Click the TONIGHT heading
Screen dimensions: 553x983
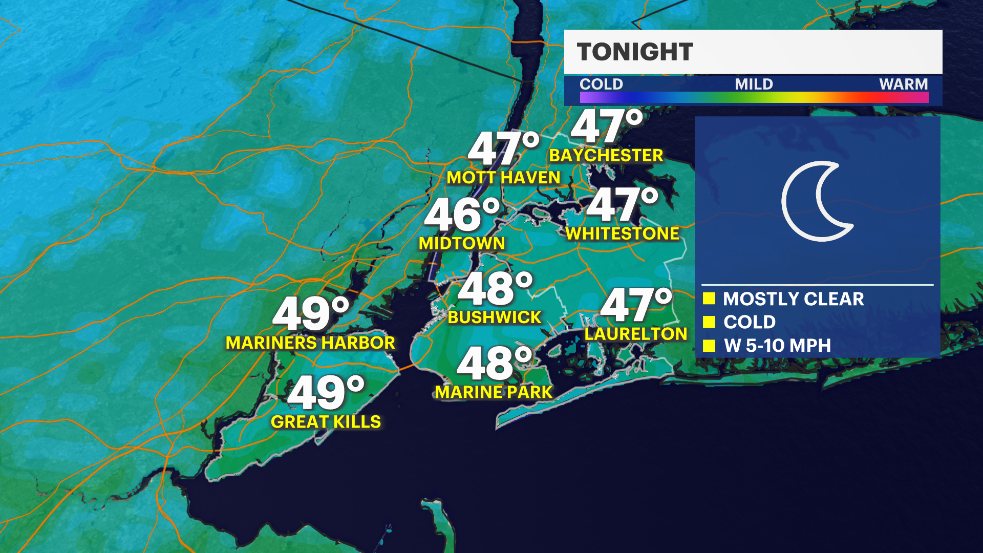click(x=635, y=52)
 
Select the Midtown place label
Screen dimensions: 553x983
click(x=462, y=243)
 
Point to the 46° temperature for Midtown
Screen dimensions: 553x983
click(x=462, y=215)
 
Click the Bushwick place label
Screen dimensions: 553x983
click(x=494, y=317)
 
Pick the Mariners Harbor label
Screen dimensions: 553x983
click(x=310, y=343)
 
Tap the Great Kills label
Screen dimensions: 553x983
click(x=326, y=422)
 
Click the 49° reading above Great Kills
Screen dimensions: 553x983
click(x=326, y=392)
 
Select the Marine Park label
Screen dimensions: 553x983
click(x=494, y=392)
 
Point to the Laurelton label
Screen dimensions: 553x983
click(x=636, y=334)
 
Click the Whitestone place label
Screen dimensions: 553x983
click(x=623, y=233)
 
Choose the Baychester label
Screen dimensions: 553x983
click(x=606, y=155)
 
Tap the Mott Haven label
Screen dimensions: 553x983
click(x=503, y=178)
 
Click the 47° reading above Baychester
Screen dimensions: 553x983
click(x=606, y=126)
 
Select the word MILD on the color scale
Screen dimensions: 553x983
click(x=754, y=84)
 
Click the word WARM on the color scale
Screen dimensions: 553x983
click(x=903, y=84)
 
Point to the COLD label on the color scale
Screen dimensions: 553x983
click(x=601, y=84)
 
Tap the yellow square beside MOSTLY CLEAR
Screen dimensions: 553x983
click(x=709, y=299)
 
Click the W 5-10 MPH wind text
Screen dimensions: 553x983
click(x=777, y=346)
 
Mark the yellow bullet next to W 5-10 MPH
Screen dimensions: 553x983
click(x=709, y=346)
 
